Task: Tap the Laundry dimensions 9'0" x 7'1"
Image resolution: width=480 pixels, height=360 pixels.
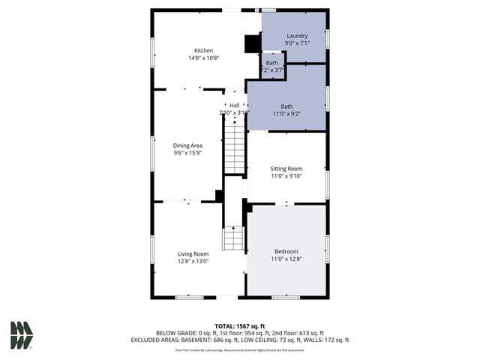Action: click(x=297, y=43)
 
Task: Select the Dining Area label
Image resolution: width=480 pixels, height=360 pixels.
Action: click(x=187, y=145)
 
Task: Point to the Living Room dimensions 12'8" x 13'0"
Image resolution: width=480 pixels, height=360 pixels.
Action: click(x=193, y=262)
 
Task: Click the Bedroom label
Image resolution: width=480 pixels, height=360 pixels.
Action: click(x=286, y=251)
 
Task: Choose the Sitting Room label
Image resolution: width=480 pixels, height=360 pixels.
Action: click(x=286, y=169)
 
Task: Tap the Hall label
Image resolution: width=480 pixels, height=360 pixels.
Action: click(x=234, y=105)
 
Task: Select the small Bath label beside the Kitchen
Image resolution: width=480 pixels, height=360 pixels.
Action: click(x=271, y=63)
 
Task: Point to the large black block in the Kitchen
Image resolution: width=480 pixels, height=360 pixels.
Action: click(x=253, y=44)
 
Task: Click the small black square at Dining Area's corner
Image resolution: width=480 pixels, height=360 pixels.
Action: click(x=219, y=196)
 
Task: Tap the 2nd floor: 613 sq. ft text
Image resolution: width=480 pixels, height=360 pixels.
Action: click(x=298, y=332)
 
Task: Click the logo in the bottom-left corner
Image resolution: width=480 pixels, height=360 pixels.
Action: click(x=21, y=335)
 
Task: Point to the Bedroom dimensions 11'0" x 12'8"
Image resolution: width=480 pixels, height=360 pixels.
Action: click(x=286, y=259)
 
